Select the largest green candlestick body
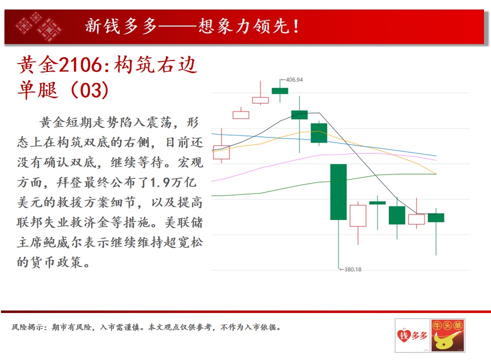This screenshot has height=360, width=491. [x=338, y=192]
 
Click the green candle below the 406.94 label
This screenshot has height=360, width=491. [x=280, y=91]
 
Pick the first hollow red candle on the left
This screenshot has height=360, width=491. [x=221, y=152]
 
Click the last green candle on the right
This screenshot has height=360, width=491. [x=436, y=217]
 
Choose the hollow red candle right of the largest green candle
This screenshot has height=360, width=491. [x=358, y=215]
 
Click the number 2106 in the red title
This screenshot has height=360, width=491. [x=80, y=65]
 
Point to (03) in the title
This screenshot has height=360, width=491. [x=90, y=90]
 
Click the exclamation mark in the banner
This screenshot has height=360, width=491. [x=296, y=26]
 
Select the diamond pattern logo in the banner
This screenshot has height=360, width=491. [x=39, y=26]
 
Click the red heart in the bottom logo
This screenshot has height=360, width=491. [x=404, y=336]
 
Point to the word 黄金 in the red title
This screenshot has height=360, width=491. [x=38, y=65]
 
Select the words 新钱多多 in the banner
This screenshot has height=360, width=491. [x=121, y=26]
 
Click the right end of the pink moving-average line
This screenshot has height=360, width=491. [x=436, y=160]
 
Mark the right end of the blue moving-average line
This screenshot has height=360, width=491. [x=436, y=155]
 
